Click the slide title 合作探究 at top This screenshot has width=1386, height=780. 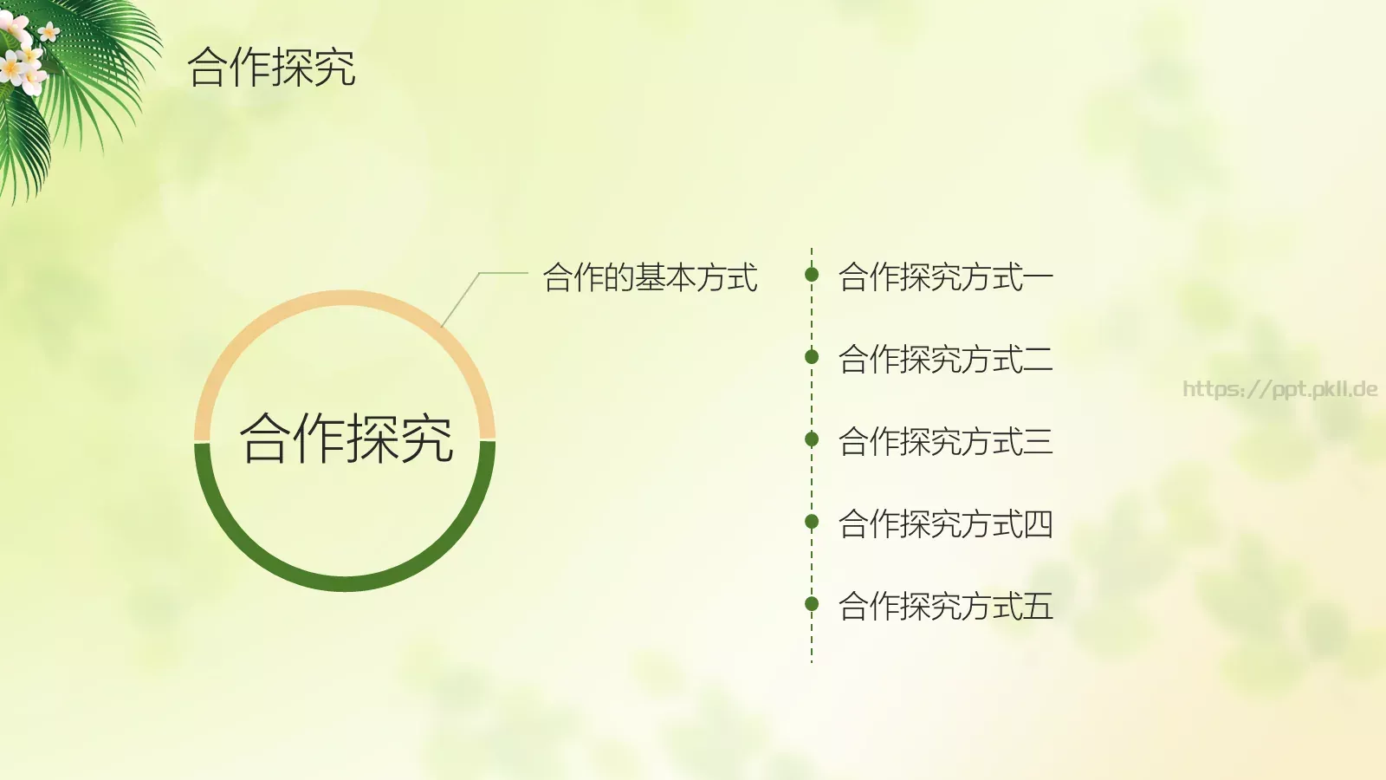[x=271, y=68]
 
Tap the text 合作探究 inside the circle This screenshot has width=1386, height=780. [x=346, y=439]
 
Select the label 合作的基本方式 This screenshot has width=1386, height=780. [x=650, y=277]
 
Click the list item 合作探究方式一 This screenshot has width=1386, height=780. [x=945, y=277]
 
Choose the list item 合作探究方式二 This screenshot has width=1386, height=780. [x=945, y=359]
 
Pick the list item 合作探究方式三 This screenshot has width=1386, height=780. [x=945, y=441]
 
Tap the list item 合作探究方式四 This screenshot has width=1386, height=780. [x=945, y=523]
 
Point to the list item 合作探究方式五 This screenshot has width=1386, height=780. [x=945, y=606]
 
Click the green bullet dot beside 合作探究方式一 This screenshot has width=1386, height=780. [x=812, y=275]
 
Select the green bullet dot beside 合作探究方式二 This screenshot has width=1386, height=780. [x=812, y=356]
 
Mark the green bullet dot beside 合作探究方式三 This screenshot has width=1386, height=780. [x=812, y=439]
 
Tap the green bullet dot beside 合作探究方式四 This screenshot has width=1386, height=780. [x=812, y=521]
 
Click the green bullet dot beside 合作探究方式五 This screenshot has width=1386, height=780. [x=812, y=603]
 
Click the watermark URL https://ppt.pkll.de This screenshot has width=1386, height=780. [x=1279, y=389]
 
